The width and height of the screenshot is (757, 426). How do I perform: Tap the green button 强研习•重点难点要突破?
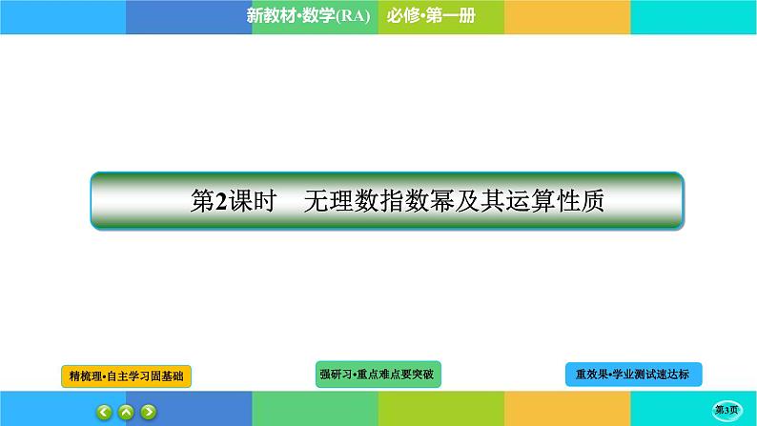(x=378, y=375)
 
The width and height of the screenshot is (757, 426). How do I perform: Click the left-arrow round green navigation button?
(x=105, y=412)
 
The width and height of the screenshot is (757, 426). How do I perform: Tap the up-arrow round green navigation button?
(x=127, y=412)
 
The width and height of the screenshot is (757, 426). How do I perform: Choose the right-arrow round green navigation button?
(x=148, y=412)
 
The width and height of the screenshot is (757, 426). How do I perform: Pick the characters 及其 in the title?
(x=485, y=201)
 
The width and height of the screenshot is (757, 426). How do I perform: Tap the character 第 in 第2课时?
(x=203, y=201)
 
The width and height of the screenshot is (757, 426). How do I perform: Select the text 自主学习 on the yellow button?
(x=131, y=377)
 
